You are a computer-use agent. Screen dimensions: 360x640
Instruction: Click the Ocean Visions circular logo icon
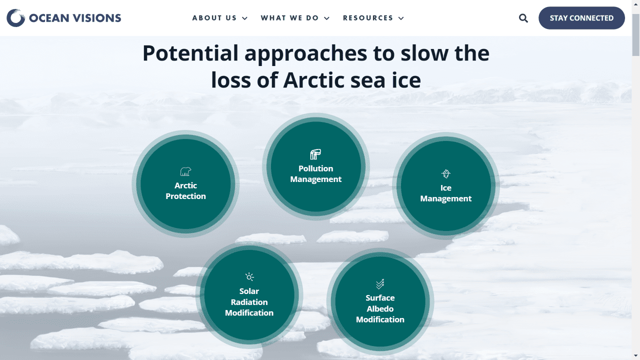point(15,18)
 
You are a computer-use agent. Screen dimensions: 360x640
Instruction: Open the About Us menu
point(219,18)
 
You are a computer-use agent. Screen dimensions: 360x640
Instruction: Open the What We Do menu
point(294,18)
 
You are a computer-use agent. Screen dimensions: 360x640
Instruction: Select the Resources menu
point(373,18)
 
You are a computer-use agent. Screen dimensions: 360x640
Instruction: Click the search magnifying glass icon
point(523,18)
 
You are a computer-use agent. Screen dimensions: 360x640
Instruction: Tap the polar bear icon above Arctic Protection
point(185,172)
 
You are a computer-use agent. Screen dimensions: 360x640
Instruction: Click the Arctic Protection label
point(185,191)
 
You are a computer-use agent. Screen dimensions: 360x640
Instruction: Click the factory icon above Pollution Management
point(315,154)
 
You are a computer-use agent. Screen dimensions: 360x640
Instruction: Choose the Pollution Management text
point(316,174)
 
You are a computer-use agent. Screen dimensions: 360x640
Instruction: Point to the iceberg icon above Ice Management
point(446,174)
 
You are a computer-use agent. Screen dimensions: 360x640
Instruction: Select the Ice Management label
point(446,193)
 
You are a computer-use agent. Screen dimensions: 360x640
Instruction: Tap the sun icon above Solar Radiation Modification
point(249,276)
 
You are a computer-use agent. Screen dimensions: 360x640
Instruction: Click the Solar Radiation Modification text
point(249,302)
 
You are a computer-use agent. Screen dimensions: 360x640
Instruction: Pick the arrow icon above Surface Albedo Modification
point(380,283)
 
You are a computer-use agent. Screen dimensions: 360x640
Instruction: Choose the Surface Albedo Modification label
point(380,308)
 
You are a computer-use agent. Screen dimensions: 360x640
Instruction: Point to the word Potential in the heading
point(190,53)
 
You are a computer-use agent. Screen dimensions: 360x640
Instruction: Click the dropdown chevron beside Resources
point(401,18)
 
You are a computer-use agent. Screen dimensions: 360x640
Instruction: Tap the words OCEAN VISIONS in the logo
point(75,18)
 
